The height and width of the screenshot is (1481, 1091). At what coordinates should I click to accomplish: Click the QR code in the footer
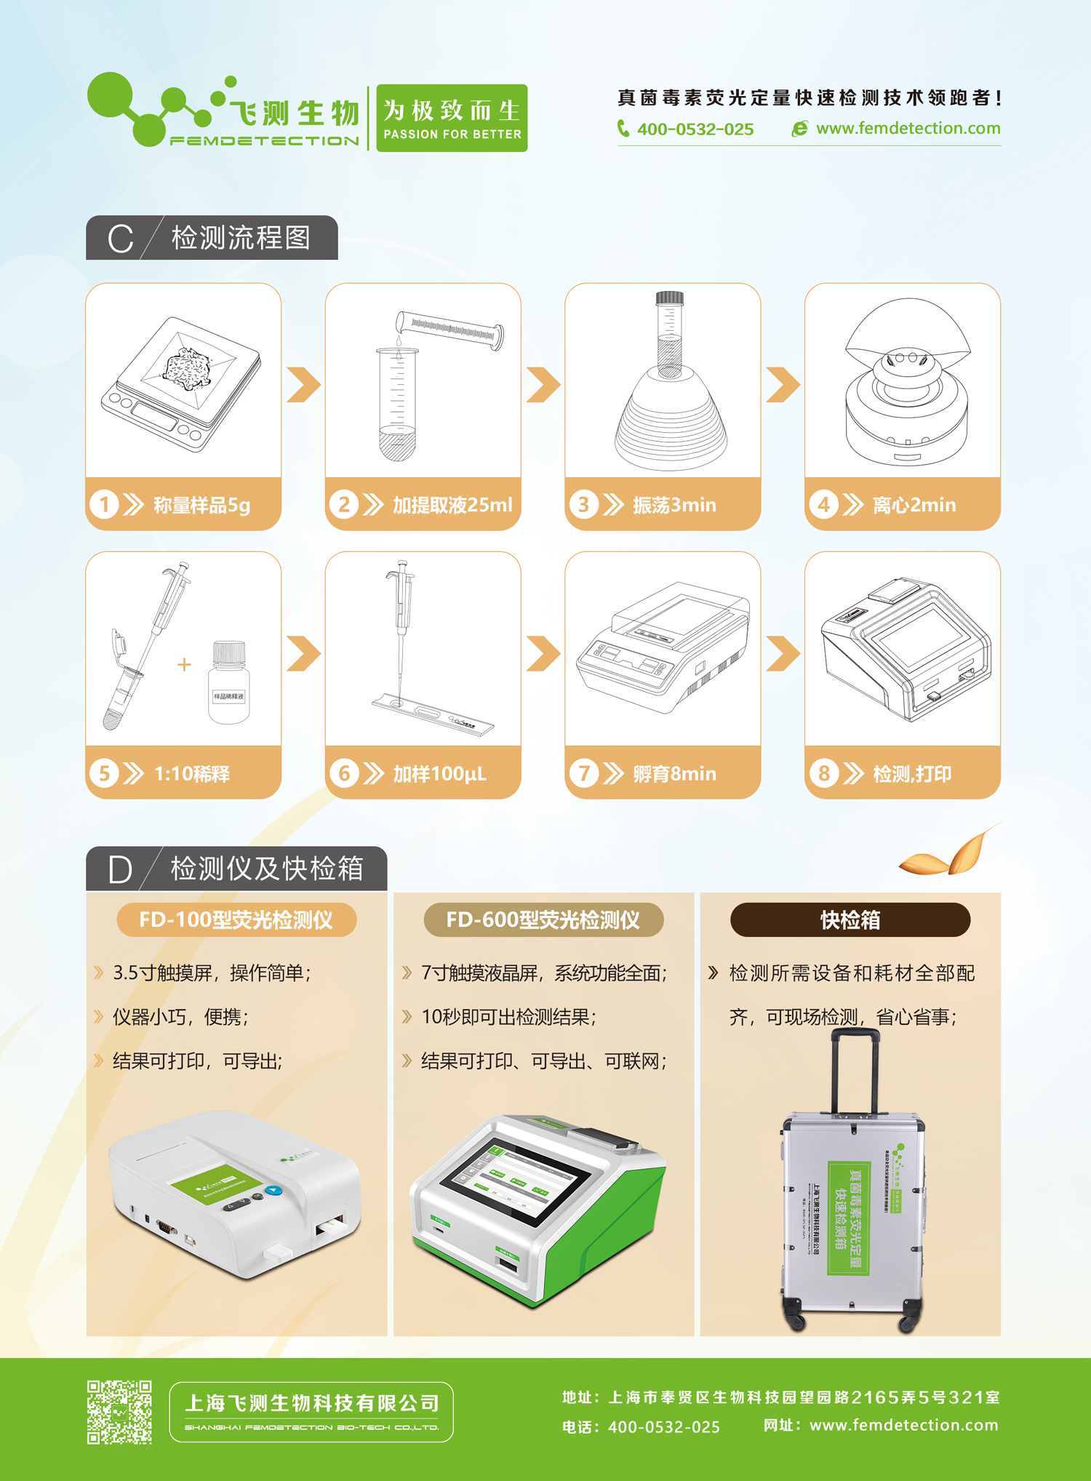click(x=119, y=1412)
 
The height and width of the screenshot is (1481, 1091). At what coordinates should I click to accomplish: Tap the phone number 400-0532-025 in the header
click(x=694, y=129)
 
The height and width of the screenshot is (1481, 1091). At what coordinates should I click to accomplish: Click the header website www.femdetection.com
click(x=907, y=129)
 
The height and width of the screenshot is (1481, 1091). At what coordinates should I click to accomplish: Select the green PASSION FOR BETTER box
click(x=452, y=118)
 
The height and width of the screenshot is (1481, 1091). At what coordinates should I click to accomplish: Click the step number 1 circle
click(x=104, y=504)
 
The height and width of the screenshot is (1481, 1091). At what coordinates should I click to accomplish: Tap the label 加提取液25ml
click(x=452, y=505)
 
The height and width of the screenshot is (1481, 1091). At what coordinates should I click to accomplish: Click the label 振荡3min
click(x=674, y=505)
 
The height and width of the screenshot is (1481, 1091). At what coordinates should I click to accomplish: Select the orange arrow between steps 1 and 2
click(x=303, y=385)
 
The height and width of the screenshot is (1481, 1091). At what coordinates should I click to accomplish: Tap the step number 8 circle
click(x=823, y=773)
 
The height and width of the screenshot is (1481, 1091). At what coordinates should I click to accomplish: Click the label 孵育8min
click(x=674, y=773)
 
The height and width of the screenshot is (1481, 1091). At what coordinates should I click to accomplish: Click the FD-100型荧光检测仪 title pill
click(x=236, y=920)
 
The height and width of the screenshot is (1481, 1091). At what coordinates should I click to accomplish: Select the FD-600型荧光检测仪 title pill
click(x=543, y=920)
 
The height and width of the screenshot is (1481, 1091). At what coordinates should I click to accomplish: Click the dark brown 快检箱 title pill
click(x=850, y=920)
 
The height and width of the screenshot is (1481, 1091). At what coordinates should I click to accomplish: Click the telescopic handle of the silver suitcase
click(x=855, y=1069)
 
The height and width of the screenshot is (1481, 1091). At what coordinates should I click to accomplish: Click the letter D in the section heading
click(x=120, y=870)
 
